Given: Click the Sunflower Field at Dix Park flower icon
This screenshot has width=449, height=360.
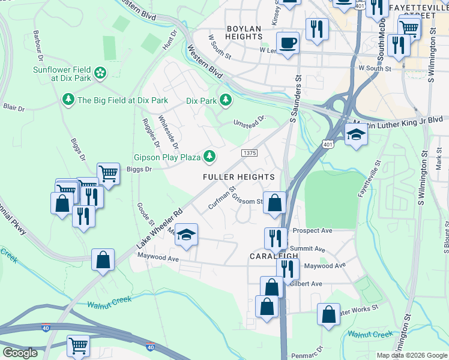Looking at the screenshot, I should tap(100, 73).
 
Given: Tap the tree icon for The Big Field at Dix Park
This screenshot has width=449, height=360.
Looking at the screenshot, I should tap(68, 100).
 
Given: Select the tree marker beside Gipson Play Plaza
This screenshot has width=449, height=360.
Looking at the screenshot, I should tap(209, 157).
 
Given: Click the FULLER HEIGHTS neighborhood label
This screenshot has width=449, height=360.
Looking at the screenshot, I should tap(238, 177).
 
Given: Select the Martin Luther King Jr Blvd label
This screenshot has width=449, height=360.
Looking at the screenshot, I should tap(397, 122).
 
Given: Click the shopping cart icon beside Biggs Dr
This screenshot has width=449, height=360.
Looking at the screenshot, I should tap(107, 173).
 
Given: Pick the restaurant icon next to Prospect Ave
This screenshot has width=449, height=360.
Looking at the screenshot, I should tap(276, 238).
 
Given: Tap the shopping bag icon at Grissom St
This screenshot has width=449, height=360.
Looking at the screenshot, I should tap(275, 203).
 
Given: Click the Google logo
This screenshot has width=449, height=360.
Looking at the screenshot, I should tap(20, 353).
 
